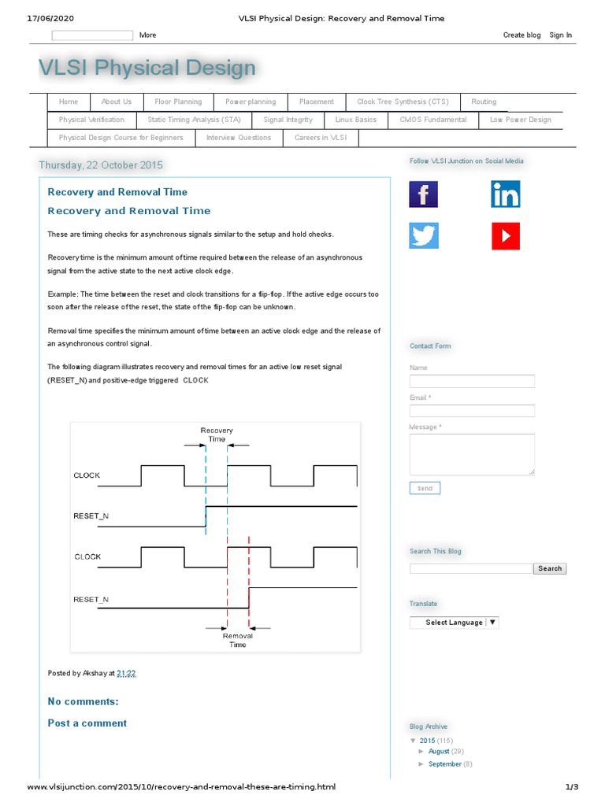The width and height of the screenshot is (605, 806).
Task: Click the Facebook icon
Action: click(423, 194)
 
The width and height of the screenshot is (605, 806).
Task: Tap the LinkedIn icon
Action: click(505, 194)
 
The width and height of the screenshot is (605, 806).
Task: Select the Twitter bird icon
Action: click(423, 236)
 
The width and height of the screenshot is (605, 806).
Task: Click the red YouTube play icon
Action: click(505, 236)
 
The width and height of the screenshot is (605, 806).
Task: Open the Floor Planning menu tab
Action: click(178, 102)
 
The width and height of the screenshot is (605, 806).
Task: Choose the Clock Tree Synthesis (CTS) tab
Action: click(402, 102)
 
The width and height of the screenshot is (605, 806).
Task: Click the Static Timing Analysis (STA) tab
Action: click(194, 120)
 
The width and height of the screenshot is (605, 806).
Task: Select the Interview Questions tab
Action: click(238, 138)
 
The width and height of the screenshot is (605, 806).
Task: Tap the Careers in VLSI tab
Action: click(320, 138)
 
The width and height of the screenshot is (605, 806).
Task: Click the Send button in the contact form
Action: click(425, 488)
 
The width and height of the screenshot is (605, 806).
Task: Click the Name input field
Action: click(472, 381)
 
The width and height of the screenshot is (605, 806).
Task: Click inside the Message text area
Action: click(472, 454)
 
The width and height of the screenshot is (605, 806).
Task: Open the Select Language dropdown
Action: click(454, 622)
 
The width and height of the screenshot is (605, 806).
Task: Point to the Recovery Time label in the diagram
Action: click(217, 434)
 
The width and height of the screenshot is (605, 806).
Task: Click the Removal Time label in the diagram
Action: click(237, 640)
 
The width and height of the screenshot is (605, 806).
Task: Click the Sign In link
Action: click(560, 35)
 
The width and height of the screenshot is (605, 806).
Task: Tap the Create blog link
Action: click(521, 35)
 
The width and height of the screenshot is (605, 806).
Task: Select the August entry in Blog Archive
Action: click(439, 752)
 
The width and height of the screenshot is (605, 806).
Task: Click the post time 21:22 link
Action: click(126, 673)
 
